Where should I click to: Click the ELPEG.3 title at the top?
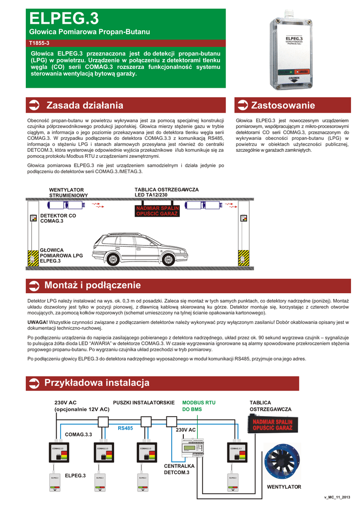64,19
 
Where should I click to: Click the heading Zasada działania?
84,105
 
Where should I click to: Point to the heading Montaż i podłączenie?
92,285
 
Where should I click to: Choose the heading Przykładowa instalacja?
97,383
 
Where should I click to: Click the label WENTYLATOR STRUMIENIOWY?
69,192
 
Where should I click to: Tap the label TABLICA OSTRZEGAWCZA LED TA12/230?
166,192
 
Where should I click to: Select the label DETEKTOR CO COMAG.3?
58,218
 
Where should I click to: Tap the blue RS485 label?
125,428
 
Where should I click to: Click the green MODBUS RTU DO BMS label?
199,406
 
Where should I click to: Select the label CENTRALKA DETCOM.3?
179,469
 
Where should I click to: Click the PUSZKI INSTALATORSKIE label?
144,402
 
